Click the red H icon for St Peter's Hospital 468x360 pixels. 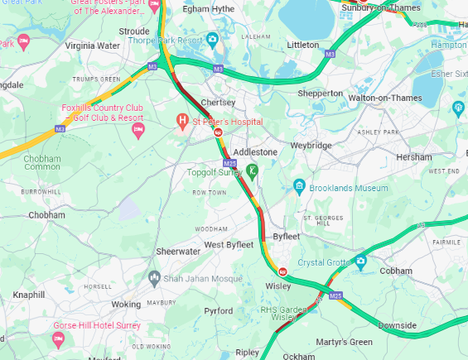tap(183, 122)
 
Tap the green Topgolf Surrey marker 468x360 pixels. tap(253, 170)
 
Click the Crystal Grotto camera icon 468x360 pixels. tap(361, 262)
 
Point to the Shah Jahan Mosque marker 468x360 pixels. tap(153, 277)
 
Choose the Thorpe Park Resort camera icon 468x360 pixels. tap(213, 38)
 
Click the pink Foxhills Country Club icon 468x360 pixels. tap(138, 130)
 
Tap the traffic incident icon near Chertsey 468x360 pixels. tap(218, 132)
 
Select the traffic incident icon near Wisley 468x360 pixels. tap(282, 271)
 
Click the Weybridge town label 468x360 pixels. tap(311, 146)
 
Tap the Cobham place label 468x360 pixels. tap(395, 271)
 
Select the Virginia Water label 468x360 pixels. tap(92, 46)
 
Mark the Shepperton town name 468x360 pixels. tap(321, 94)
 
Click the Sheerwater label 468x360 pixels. tap(178, 251)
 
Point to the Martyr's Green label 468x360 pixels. tap(343, 342)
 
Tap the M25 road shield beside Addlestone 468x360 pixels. tap(229, 166)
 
